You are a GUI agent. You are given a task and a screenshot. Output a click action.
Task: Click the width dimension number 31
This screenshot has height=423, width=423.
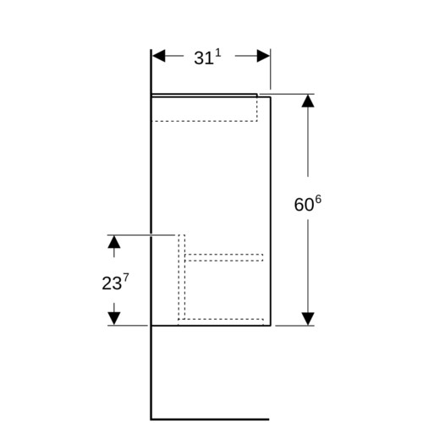(x=204, y=58)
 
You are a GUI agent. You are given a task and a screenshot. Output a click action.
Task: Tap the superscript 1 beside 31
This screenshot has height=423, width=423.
(x=218, y=53)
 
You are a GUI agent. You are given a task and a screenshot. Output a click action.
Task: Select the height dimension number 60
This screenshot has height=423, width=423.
(x=304, y=205)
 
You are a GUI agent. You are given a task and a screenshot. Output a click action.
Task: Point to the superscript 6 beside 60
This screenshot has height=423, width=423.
(x=318, y=200)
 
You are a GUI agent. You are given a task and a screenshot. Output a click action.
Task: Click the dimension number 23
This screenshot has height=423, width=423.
(x=112, y=283)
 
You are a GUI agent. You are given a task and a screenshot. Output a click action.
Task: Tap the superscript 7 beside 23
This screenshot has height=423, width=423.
(x=126, y=278)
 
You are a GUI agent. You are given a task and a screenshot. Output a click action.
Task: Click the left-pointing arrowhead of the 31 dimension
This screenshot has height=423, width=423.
(x=159, y=56)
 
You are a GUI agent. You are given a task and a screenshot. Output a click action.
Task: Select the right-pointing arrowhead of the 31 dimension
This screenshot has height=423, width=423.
(x=263, y=56)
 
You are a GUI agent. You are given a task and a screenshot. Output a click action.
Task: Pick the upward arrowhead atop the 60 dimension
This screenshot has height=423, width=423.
(x=308, y=101)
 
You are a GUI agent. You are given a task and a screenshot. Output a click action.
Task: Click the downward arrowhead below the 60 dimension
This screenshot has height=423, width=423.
(x=308, y=319)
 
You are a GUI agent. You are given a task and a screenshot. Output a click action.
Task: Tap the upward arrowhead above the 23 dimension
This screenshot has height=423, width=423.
(x=114, y=242)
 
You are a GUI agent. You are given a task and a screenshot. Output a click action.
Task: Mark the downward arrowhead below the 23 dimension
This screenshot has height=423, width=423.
(x=114, y=319)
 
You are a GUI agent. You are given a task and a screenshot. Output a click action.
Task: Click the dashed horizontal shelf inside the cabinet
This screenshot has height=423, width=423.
(x=224, y=257)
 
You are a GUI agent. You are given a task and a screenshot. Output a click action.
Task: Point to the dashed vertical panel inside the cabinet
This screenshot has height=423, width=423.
(x=182, y=277)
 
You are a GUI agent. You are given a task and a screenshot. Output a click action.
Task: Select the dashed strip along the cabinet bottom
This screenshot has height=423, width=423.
(x=221, y=322)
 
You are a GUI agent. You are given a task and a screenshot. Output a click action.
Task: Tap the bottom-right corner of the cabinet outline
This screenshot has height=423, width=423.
(x=271, y=326)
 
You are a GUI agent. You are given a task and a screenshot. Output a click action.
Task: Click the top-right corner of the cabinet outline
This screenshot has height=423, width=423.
(x=271, y=97)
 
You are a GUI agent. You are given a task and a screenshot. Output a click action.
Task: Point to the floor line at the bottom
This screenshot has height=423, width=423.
(x=210, y=420)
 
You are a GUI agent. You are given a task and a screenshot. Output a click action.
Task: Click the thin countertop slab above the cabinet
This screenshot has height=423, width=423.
(x=204, y=96)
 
